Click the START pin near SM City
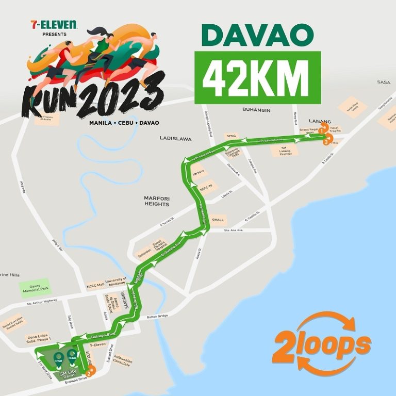[x=59, y=358]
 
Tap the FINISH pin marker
[x=72, y=356]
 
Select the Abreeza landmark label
[x=199, y=172]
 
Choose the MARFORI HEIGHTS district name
[x=157, y=201]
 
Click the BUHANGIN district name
[x=257, y=110]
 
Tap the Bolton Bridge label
[x=158, y=317]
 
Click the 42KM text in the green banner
[x=257, y=77]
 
